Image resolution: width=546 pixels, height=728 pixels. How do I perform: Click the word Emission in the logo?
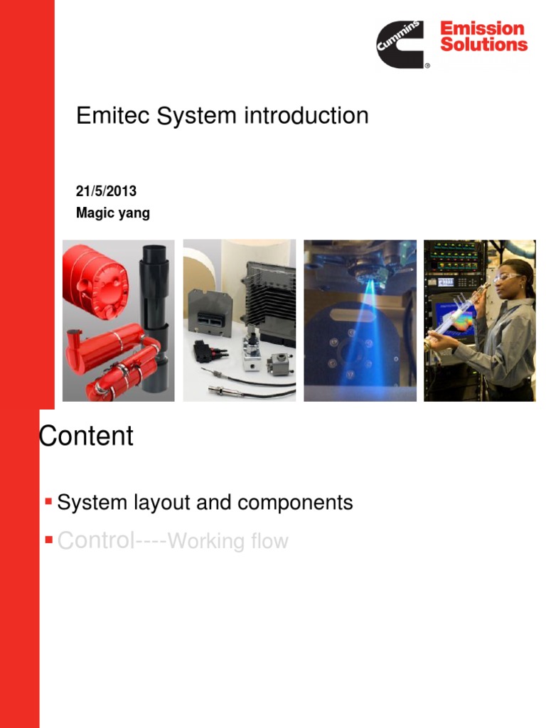tap(482, 29)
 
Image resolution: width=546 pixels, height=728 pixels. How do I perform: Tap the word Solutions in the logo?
tap(483, 45)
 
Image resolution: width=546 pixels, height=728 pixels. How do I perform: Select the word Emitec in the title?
tap(113, 116)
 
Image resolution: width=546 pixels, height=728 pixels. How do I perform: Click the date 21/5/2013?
tap(106, 192)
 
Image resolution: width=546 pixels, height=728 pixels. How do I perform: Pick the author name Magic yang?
tap(113, 213)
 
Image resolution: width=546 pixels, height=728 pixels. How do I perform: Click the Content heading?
tap(86, 436)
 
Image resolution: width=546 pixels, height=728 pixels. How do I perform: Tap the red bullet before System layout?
tap(48, 502)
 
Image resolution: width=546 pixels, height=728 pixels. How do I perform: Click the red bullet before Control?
tap(48, 540)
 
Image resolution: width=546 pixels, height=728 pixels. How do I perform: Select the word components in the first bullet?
tap(296, 503)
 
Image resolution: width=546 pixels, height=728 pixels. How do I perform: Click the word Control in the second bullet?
tap(96, 540)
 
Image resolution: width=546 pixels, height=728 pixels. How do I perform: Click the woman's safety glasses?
tap(506, 277)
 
